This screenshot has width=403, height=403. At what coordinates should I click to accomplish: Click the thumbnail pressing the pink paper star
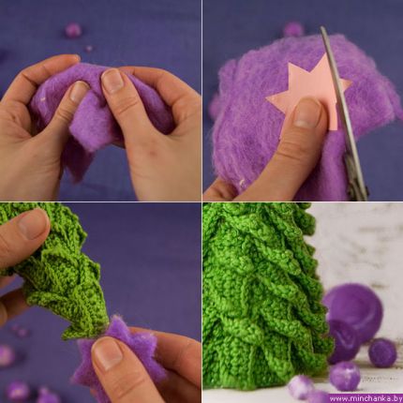pyautogui.click(x=307, y=113)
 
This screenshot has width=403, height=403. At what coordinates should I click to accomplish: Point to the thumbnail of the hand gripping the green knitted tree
pyautogui.click(x=33, y=222)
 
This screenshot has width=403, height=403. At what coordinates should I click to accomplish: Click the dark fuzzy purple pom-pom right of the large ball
pyautogui.click(x=382, y=353)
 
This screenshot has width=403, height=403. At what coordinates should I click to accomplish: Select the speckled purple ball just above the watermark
pyautogui.click(x=345, y=377)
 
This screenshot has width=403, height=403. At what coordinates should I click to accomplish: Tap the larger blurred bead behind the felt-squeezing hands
pyautogui.click(x=73, y=31)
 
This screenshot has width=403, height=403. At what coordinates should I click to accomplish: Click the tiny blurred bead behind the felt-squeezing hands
pyautogui.click(x=89, y=49)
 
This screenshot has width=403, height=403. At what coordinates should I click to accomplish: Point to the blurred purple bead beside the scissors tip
pyautogui.click(x=293, y=30)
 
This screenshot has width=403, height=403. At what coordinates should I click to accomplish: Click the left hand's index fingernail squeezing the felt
pyautogui.click(x=78, y=92)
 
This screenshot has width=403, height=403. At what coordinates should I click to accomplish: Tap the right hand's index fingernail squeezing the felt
pyautogui.click(x=112, y=81)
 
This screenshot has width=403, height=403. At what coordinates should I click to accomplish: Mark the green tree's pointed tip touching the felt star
pyautogui.click(x=110, y=319)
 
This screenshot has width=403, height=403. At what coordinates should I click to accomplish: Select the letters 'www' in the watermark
pyautogui.click(x=337, y=398)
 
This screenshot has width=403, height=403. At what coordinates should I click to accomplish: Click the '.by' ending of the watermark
pyautogui.click(x=396, y=398)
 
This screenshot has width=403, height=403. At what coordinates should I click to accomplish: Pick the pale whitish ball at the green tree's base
pyautogui.click(x=300, y=387)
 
